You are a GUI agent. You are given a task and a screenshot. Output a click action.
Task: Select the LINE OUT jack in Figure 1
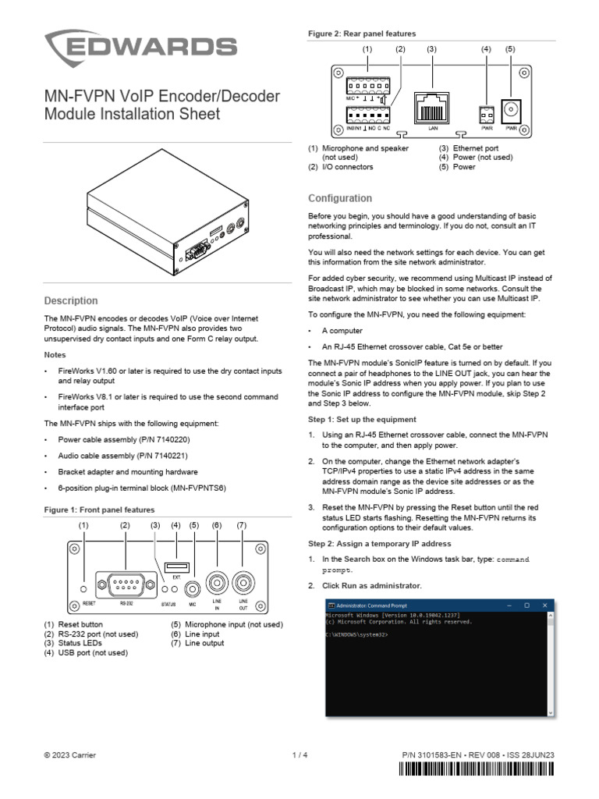coord(243,584)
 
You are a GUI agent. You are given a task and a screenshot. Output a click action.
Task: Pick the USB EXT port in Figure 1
coord(175,566)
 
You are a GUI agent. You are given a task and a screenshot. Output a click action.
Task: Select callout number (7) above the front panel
coord(242,526)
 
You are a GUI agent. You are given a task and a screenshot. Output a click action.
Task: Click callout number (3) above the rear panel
coord(431,49)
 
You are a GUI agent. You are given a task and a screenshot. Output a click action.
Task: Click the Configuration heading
coord(340,198)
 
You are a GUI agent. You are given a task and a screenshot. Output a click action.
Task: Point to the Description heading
coord(71,300)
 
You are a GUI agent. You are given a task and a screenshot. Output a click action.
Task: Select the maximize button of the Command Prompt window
coord(526,605)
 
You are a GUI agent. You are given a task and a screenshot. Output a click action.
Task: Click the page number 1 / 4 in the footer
coord(299,755)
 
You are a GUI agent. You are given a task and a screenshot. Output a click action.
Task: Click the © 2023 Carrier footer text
coord(70,755)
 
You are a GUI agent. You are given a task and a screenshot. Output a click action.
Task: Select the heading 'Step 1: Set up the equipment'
coord(362,419)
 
